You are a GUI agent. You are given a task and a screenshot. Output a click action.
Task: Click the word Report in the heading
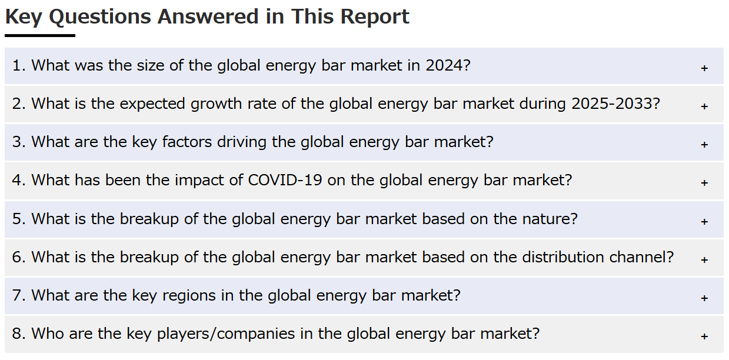click(x=375, y=17)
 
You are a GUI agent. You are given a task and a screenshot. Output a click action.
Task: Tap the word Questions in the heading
click(x=100, y=17)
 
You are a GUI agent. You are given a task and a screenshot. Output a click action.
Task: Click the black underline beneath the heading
click(x=40, y=35)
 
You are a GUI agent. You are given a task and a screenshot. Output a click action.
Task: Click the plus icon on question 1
click(x=704, y=68)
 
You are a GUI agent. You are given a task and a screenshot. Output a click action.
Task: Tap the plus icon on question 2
click(x=704, y=106)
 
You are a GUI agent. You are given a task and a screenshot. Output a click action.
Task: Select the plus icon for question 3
click(x=704, y=145)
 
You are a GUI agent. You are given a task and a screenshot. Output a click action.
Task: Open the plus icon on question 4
click(x=704, y=183)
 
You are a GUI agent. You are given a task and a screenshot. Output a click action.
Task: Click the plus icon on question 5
click(x=704, y=222)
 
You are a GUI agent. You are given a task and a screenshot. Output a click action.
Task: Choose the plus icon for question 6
click(x=704, y=260)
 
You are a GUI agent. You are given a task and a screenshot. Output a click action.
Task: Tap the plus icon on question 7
click(x=704, y=298)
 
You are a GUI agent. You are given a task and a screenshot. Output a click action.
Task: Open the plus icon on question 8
click(x=704, y=336)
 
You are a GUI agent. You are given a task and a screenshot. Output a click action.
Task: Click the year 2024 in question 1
click(x=444, y=65)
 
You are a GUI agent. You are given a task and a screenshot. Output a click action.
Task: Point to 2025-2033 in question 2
click(x=612, y=104)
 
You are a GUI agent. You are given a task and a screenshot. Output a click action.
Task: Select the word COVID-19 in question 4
click(x=285, y=181)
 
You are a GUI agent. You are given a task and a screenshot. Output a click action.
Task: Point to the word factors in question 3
click(x=187, y=142)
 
